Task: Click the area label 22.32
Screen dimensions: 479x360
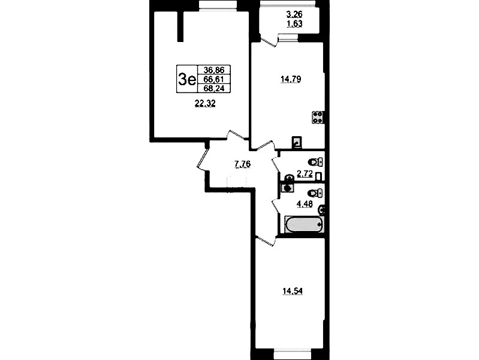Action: coord(205,104)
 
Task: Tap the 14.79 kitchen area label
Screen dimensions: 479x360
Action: coord(291,79)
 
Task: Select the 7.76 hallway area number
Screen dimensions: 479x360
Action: coord(242,164)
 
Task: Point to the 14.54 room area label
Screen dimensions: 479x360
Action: coord(293,291)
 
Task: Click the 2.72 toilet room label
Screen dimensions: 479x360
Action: coord(305,175)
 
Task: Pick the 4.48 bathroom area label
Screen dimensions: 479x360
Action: coord(305,204)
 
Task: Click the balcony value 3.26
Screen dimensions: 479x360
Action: coord(294,14)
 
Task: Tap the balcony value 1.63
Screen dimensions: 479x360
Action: coord(294,23)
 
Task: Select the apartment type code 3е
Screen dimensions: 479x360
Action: coord(186,80)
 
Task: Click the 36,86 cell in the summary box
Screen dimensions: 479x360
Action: coord(214,70)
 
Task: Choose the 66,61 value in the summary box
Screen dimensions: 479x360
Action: coord(214,79)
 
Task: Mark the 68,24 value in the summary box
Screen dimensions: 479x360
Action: coord(214,88)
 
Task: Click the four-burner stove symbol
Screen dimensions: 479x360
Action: coord(318,118)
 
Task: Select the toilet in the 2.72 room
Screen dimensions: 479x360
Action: coord(315,162)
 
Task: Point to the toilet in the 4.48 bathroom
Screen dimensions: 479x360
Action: coord(315,193)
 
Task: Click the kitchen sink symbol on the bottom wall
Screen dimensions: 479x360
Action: coord(297,142)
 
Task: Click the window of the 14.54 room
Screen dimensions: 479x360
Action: coord(290,354)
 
